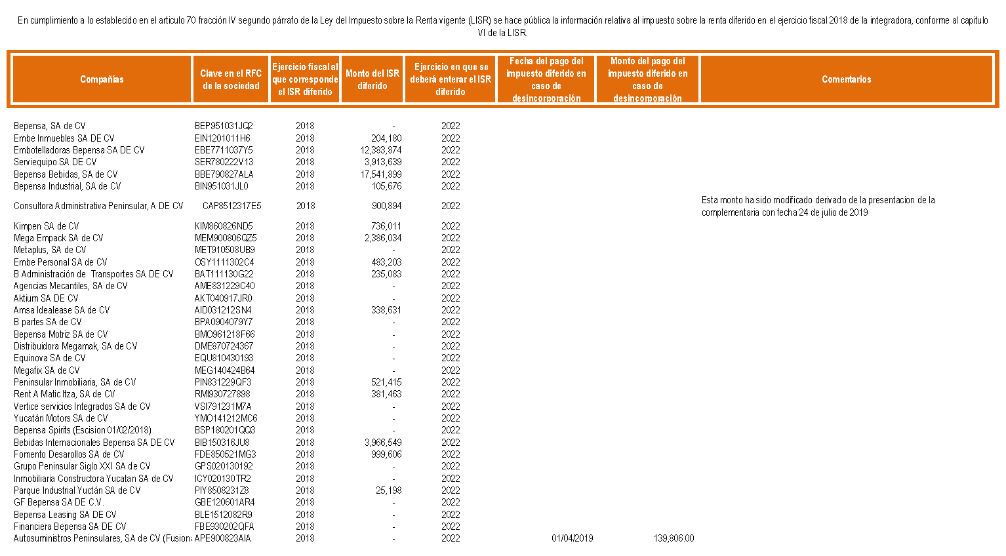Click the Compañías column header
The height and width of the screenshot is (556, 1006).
click(102, 79)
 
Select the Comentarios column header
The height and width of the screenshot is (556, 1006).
click(846, 79)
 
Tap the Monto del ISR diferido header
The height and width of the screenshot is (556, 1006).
click(372, 79)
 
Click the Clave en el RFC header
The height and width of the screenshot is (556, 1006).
click(231, 79)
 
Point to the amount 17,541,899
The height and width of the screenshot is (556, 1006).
click(381, 174)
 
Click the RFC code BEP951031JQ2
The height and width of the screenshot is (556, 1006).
click(224, 126)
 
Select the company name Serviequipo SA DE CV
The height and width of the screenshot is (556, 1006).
click(55, 162)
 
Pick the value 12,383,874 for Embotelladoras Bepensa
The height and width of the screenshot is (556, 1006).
click(381, 150)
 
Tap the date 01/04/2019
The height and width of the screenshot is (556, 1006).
click(572, 538)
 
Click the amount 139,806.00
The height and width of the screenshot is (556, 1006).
click(674, 538)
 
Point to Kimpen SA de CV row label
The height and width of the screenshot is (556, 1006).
click(46, 226)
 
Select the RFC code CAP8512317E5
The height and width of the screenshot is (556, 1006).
click(231, 206)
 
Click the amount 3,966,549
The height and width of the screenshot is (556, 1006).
click(383, 443)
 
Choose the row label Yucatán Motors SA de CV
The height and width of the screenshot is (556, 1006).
click(60, 418)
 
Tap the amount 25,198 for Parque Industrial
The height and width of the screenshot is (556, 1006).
click(388, 490)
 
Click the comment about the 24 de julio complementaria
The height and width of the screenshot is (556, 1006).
click(818, 206)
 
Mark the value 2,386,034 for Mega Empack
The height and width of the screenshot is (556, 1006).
click(383, 238)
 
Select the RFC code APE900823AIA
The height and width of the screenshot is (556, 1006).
click(222, 538)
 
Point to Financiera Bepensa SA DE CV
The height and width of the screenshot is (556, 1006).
click(70, 526)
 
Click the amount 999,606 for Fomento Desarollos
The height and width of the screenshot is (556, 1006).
click(386, 454)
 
